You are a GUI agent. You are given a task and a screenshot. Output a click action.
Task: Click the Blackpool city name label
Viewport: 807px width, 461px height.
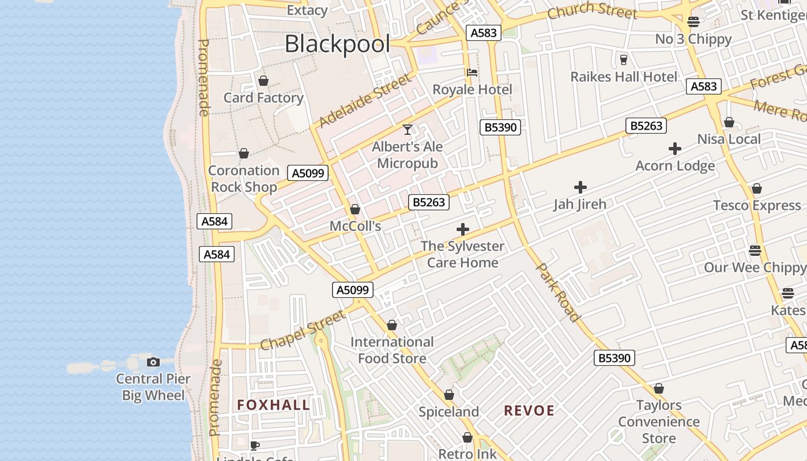coord(337,44)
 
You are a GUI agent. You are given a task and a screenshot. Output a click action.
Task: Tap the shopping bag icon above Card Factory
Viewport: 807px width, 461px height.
coord(263,81)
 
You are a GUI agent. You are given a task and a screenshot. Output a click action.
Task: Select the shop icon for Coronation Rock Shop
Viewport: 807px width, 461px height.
coord(244,154)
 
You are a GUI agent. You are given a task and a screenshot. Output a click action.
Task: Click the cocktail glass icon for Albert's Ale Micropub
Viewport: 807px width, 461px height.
coord(408,130)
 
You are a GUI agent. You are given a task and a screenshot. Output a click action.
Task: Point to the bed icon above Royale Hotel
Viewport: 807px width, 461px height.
coord(472,73)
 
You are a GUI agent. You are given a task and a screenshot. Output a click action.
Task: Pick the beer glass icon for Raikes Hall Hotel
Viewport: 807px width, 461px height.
coord(623,59)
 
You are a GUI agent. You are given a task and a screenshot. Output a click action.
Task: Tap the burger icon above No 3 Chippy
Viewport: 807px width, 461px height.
coord(693,22)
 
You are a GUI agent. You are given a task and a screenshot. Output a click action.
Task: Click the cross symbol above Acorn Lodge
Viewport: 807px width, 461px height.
coord(675,149)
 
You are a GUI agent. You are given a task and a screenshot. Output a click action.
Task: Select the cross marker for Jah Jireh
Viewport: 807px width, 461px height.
coord(580,187)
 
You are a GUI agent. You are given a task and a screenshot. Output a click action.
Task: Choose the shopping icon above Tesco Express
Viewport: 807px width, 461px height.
coord(757,188)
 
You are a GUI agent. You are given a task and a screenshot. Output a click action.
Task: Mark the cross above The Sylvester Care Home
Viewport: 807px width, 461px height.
coord(462,229)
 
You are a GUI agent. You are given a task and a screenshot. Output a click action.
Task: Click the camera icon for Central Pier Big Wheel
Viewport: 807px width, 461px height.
coord(153,362)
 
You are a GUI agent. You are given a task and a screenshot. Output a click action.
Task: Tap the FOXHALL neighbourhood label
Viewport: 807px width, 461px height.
coord(274,405)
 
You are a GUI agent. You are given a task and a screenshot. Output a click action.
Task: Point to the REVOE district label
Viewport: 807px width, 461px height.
coord(529,411)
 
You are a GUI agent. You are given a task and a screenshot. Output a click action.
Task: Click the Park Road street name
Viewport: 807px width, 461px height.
coord(557,292)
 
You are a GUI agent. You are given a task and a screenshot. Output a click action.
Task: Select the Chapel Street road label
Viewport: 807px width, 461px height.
coord(303,330)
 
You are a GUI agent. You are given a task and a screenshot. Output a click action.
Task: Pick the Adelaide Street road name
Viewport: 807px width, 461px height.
coord(365,100)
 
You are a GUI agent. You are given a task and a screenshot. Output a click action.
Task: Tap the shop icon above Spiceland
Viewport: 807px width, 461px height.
coord(449,395)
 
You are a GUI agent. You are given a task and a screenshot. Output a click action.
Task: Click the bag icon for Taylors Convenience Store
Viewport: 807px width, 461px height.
coord(659,388)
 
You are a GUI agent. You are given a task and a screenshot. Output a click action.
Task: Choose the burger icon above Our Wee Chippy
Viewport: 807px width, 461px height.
coord(755,251)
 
